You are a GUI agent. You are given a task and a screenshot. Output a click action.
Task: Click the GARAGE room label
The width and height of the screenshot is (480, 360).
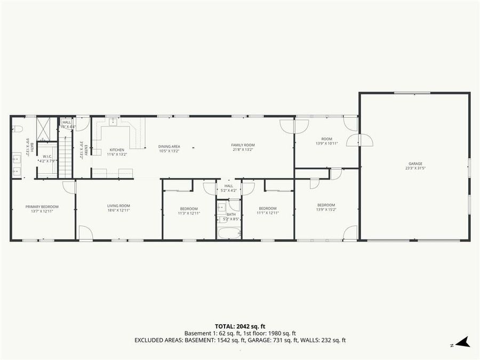(x=415, y=164)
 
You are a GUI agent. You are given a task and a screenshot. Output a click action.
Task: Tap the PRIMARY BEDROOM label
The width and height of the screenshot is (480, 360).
(x=42, y=206)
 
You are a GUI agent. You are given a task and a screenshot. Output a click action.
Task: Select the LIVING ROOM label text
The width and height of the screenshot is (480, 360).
(x=118, y=206)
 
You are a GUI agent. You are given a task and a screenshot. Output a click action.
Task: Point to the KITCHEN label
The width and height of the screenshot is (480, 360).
(x=117, y=150)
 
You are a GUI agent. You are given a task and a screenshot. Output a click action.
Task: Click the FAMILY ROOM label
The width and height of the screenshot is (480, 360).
(x=243, y=145)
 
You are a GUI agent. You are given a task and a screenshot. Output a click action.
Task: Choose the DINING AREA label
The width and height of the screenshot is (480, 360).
(x=169, y=146)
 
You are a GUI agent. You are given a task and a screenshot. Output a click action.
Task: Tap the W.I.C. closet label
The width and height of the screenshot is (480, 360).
(x=47, y=156)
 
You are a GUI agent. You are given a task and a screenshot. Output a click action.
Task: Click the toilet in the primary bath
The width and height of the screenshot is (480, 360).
(x=17, y=129)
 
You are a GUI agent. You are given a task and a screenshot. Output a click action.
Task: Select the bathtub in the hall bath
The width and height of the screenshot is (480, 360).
(x=229, y=233)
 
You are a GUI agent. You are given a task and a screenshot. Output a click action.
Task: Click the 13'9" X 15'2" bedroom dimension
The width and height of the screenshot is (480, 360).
(x=326, y=209)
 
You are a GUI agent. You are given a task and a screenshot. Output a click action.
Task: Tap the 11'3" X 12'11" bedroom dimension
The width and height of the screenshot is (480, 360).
(x=189, y=213)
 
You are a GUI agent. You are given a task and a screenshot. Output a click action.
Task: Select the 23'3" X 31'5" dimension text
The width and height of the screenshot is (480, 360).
(x=415, y=168)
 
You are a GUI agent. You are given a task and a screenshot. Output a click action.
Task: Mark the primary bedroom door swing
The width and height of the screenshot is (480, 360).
(x=70, y=187)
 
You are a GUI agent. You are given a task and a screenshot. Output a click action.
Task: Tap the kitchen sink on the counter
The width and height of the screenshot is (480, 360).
(x=114, y=122)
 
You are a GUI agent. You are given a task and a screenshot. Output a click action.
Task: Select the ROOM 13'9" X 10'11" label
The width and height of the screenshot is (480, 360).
(x=326, y=141)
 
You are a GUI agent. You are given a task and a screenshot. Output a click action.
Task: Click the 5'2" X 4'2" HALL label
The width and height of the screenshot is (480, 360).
(x=229, y=188)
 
